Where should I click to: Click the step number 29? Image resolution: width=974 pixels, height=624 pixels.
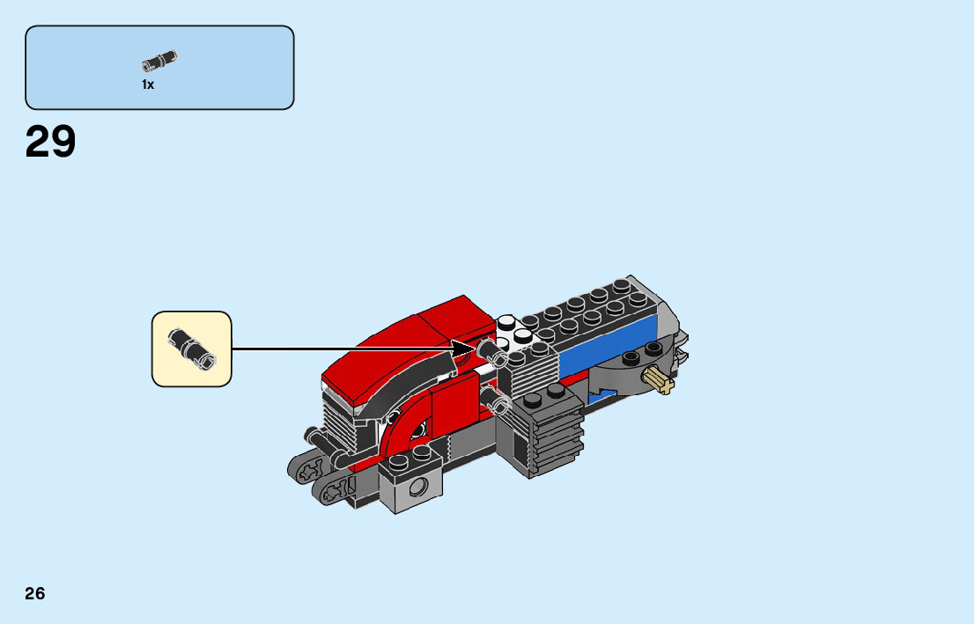(x=51, y=142)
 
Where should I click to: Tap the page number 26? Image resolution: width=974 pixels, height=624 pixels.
(x=35, y=593)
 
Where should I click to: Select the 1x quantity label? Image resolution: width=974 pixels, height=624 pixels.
(x=148, y=85)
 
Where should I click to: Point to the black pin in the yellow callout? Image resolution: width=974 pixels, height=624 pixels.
(x=192, y=347)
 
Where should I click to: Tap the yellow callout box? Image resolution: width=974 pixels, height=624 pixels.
(x=191, y=349)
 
